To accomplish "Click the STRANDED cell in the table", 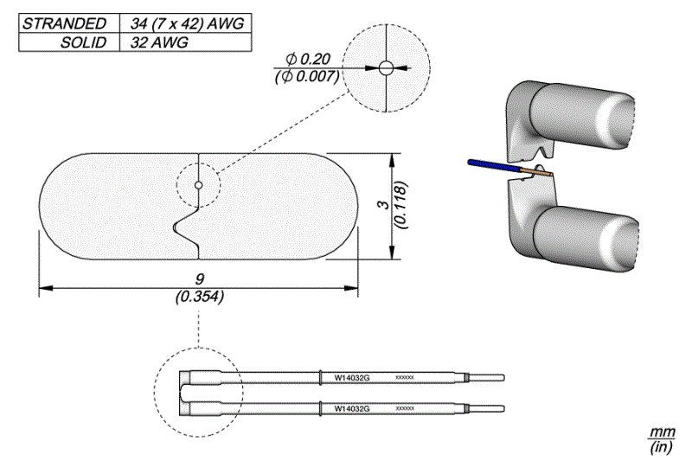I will click(66, 23).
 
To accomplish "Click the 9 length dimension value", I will click(200, 279).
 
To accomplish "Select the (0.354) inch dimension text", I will click(199, 296).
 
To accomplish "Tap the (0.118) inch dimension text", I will click(400, 206).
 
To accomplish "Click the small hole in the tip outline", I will click(199, 185).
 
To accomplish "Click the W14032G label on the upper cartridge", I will click(352, 378).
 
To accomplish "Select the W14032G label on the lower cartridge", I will click(352, 407).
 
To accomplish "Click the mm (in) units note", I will click(662, 439).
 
